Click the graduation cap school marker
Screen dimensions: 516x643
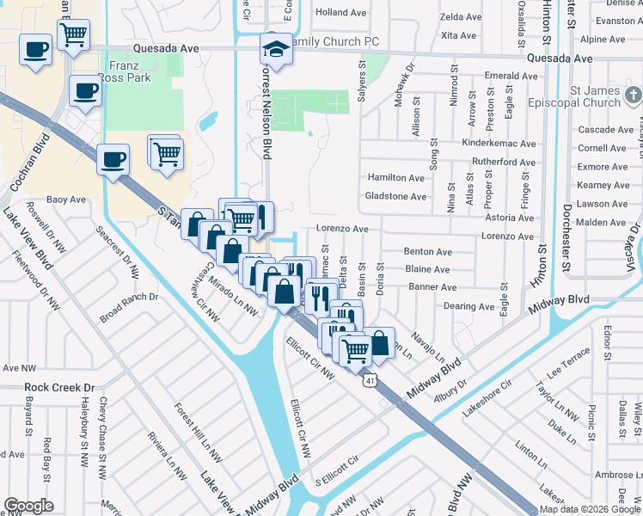pos(276,50)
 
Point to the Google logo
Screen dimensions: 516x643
pos(28,505)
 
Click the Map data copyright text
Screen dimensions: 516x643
pos(591,509)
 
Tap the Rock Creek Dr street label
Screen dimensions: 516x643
pos(58,388)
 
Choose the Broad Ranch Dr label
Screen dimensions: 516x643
pos(129,298)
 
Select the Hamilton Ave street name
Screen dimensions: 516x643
pos(396,177)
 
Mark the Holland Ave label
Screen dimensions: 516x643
pos(340,12)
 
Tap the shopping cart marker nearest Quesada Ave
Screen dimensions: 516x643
pos(74,35)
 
